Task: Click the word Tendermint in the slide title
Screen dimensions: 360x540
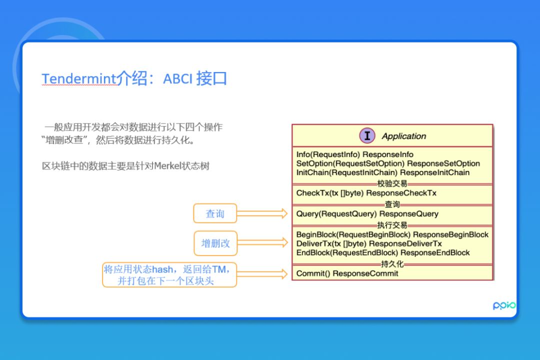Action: pos(79,79)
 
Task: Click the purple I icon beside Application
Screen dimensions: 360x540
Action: pos(367,135)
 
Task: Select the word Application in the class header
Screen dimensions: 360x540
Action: pos(404,136)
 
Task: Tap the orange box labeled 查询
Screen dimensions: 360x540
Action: pos(215,213)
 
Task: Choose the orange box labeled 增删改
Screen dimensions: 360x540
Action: pos(215,243)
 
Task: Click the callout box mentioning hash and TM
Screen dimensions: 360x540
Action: pos(169,274)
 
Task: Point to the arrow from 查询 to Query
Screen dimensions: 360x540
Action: pos(262,213)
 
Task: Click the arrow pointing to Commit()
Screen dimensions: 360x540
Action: pos(262,273)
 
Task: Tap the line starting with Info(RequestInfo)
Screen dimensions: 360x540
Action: pos(354,154)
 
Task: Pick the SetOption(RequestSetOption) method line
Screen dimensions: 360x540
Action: pos(387,163)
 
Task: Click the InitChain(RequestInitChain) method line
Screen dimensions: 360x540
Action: pos(382,172)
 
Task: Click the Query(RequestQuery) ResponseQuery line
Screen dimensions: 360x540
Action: pos(367,213)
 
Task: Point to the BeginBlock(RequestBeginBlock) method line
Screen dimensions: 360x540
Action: pos(392,234)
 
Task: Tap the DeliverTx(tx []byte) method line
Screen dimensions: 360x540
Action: pos(369,243)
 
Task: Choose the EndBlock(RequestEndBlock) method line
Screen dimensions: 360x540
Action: pos(382,252)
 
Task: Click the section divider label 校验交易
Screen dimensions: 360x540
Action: pos(392,183)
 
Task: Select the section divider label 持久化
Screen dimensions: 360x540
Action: pos(392,264)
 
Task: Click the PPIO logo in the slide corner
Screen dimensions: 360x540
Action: pos(504,305)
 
